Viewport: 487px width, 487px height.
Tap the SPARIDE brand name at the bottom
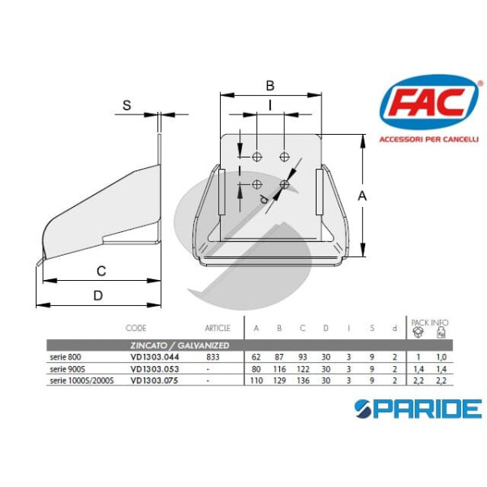417,407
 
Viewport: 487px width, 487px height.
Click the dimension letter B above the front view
270,85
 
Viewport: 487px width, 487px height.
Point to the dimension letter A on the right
363,195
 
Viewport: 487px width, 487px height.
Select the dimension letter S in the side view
127,105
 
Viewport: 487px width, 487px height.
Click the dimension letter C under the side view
101,270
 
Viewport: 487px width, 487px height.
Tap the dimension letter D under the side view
97,295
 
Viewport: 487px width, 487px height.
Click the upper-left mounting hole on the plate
256,155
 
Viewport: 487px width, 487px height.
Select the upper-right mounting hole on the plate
284,155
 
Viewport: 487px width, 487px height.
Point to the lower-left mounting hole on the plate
256,184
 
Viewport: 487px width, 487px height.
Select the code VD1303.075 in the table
154,379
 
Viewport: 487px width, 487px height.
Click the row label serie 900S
66,368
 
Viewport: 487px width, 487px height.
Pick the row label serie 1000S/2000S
81,379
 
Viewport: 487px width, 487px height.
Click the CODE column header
136,329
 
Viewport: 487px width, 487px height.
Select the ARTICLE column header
218,329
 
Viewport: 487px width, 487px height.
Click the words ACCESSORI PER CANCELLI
429,139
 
